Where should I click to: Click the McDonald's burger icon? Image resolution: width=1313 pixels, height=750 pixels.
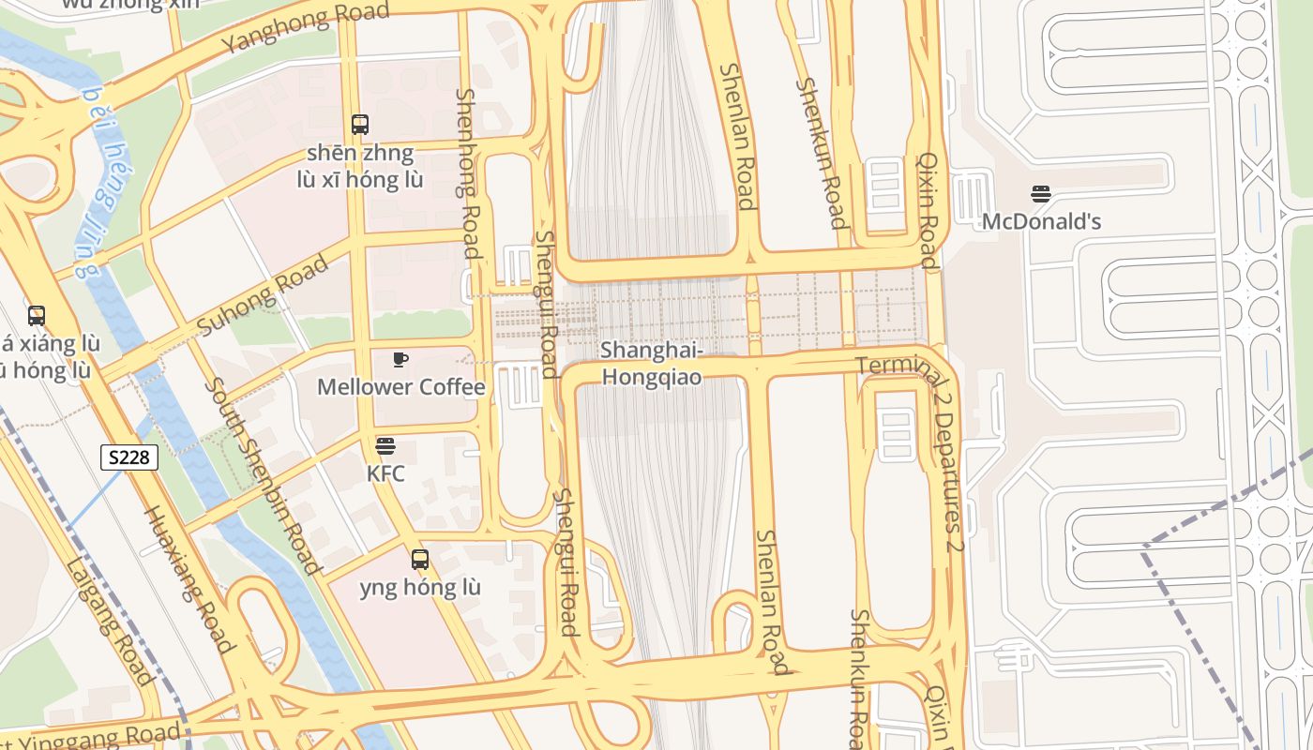click(x=1041, y=194)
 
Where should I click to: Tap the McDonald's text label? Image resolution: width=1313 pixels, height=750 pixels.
click(x=1041, y=222)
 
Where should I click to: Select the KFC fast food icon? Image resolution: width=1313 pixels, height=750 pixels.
click(x=385, y=445)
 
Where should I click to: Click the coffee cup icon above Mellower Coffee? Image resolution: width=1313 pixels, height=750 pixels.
click(x=400, y=359)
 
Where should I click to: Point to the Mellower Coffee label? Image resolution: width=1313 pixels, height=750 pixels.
click(x=400, y=387)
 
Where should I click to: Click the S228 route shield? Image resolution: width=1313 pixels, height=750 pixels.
click(x=129, y=457)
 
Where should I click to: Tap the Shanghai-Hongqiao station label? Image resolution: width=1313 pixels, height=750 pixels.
click(x=652, y=363)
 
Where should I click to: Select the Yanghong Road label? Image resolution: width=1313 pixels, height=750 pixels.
click(x=305, y=29)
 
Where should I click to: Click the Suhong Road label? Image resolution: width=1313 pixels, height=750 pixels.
click(x=264, y=294)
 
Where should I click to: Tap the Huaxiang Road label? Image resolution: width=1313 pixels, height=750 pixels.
click(x=189, y=578)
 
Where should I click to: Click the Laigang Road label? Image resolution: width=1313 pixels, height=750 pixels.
click(x=110, y=621)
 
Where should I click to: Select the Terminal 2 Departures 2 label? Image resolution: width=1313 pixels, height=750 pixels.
click(x=924, y=441)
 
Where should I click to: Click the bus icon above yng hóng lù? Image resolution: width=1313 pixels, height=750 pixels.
click(x=420, y=560)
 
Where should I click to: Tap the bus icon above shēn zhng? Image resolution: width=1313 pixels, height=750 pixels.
click(x=360, y=124)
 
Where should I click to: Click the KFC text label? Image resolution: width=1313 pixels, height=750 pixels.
click(x=385, y=473)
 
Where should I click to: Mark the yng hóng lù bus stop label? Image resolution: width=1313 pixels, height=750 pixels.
click(x=420, y=588)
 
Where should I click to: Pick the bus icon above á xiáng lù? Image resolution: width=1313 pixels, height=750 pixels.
click(x=37, y=316)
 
